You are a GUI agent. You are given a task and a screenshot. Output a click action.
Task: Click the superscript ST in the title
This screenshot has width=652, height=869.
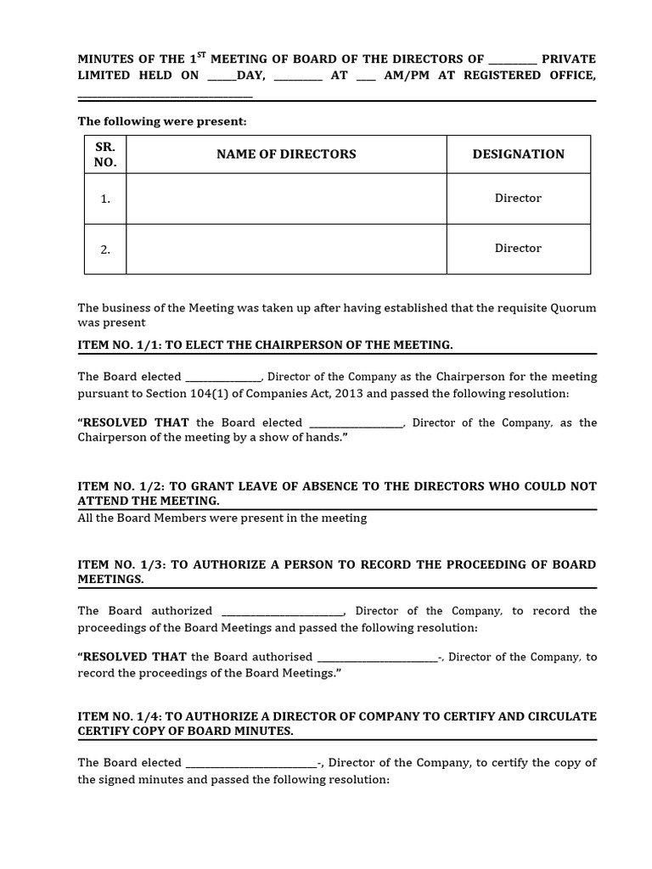point(201,55)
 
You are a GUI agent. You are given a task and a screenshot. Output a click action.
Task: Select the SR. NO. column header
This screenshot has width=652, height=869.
point(105,154)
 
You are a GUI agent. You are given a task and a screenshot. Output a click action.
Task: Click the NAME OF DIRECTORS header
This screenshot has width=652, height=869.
point(286,154)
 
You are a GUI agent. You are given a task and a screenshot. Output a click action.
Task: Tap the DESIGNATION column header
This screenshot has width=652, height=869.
point(518,154)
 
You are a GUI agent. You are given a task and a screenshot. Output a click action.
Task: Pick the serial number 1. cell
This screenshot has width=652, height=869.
point(105,199)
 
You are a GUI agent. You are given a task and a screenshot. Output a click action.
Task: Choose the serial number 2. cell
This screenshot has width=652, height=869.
point(105,249)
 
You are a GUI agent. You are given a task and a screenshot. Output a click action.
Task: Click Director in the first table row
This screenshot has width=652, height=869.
point(518,198)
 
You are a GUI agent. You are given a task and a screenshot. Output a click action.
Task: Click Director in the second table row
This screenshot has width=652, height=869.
point(518,248)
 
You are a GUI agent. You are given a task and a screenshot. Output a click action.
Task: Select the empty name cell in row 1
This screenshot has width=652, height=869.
point(286,199)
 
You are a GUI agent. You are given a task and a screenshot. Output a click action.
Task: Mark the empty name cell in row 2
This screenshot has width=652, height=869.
point(286,249)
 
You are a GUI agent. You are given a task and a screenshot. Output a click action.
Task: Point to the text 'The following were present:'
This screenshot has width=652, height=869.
point(162,121)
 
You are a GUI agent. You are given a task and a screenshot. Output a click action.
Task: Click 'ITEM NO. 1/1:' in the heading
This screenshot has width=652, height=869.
point(118,345)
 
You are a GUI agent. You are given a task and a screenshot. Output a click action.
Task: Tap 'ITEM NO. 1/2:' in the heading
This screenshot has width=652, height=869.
point(120,486)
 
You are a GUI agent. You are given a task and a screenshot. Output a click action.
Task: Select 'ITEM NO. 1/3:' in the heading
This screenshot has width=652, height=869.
point(120,564)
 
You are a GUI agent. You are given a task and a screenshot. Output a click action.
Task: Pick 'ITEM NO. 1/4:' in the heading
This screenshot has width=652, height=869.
point(120,716)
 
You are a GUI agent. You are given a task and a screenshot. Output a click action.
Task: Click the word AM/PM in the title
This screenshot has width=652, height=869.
point(405,75)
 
